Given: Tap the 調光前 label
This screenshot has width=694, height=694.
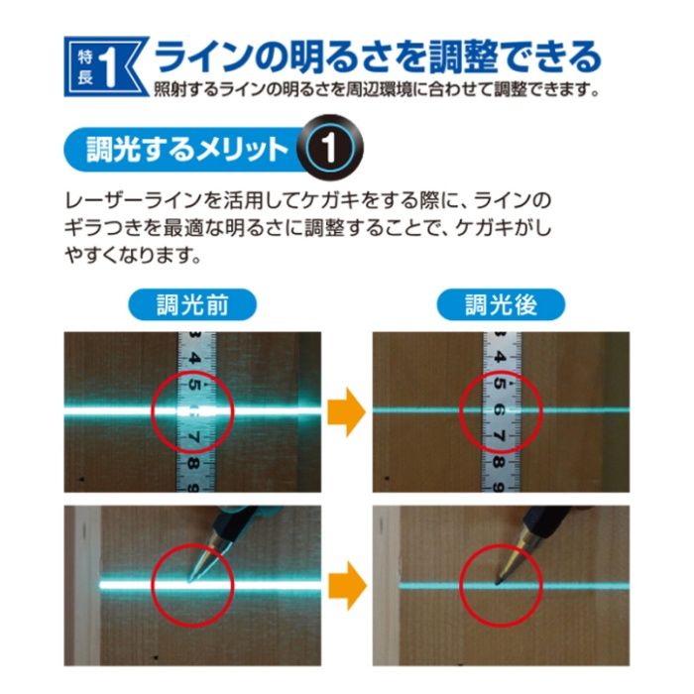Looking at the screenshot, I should tap(192, 305).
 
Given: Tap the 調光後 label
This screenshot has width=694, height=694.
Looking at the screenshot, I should tap(501, 305).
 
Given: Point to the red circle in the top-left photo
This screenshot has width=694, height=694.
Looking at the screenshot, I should tap(193, 410).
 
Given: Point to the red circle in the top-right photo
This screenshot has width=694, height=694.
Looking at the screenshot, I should tap(502, 409).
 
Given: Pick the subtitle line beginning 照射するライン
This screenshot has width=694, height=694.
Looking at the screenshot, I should tap(377, 91).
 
